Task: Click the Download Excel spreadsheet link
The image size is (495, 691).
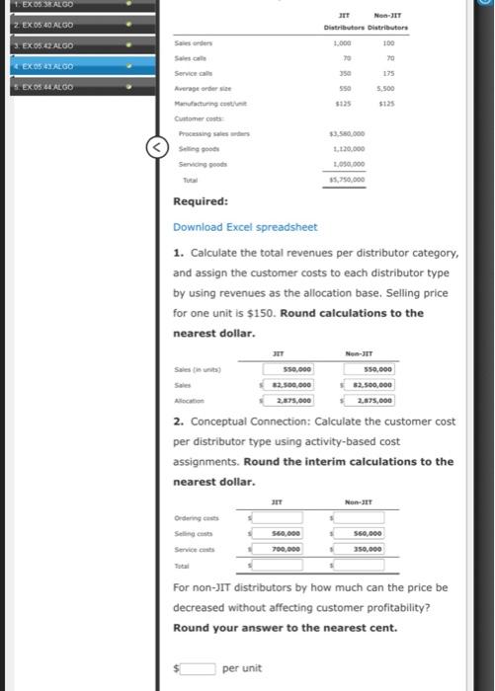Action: click(x=245, y=227)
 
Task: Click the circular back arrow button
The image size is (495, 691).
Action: click(x=155, y=149)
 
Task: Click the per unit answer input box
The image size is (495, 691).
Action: click(x=197, y=668)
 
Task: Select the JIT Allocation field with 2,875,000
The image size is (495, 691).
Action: click(x=287, y=401)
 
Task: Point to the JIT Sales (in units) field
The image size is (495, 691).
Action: click(x=287, y=369)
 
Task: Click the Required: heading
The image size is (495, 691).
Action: click(x=201, y=202)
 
